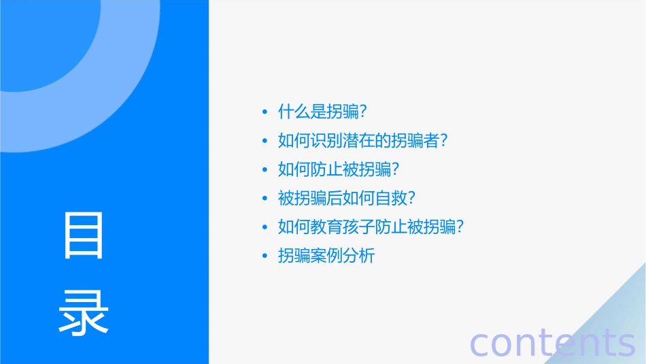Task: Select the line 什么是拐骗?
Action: click(x=323, y=112)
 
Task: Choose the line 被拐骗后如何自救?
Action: click(x=346, y=199)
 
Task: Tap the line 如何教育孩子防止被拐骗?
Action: click(x=371, y=227)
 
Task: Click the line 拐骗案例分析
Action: click(x=326, y=256)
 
